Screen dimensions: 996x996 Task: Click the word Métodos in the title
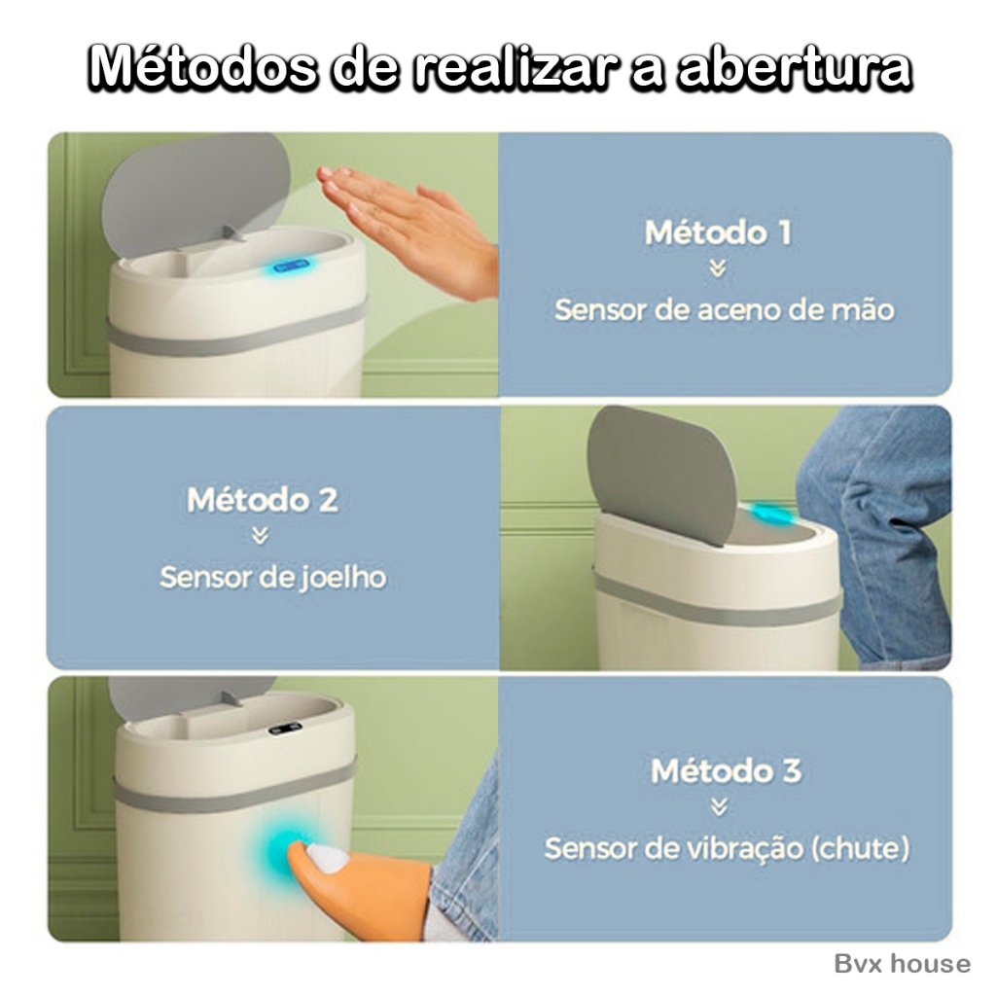202,67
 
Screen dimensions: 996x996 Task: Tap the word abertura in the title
794,67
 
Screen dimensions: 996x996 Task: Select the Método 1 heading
719,232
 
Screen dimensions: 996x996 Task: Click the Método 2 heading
262,500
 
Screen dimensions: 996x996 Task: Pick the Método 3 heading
726,771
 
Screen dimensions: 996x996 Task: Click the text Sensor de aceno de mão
724,310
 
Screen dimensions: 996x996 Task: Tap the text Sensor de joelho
273,578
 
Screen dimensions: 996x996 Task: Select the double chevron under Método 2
259,537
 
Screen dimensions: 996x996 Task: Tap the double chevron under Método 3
719,807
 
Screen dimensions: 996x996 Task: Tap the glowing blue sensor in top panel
291,266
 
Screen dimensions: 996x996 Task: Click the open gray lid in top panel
196,191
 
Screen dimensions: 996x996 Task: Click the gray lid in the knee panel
661,474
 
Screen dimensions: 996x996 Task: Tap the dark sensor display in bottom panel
285,729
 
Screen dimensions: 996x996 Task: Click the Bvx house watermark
902,964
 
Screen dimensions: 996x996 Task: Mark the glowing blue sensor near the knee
771,514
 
